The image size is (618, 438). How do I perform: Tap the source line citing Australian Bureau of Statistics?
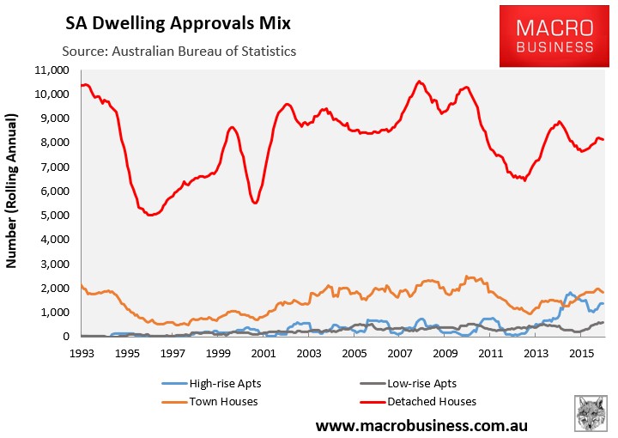pyautogui.click(x=179, y=51)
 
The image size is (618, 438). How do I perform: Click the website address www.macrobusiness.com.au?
pyautogui.click(x=420, y=425)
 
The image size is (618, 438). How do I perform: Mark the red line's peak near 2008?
pyautogui.click(x=419, y=82)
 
